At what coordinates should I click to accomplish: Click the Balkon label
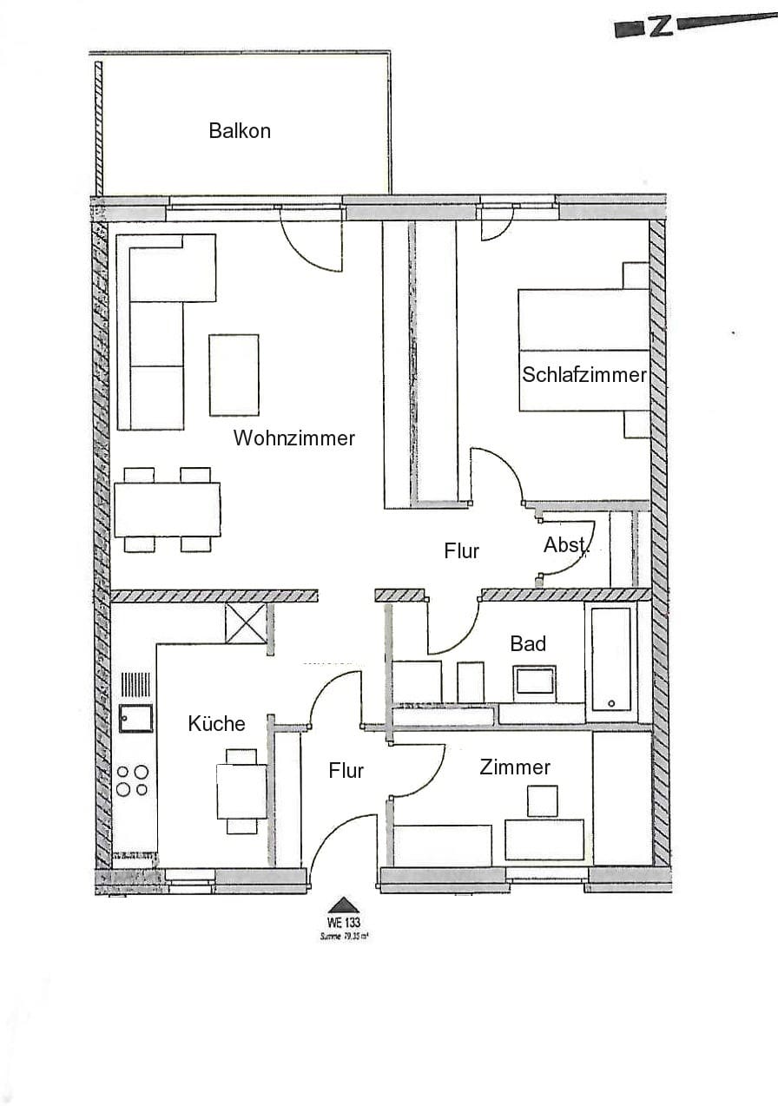240,131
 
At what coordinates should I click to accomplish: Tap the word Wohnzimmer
293,438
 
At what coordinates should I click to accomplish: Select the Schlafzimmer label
584,375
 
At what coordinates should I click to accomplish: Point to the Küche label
217,724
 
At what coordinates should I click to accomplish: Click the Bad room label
528,643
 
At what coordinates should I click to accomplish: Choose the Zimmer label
515,767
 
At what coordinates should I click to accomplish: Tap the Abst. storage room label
566,546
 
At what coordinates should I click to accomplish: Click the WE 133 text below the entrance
344,924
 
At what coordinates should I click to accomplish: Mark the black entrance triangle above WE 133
344,904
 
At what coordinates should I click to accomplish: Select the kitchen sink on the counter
136,717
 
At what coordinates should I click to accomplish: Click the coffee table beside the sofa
234,374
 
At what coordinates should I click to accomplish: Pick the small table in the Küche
241,791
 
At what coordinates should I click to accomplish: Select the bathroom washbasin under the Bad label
535,681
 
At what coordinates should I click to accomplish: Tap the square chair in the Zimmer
543,800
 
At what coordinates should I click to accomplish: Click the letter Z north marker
662,26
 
